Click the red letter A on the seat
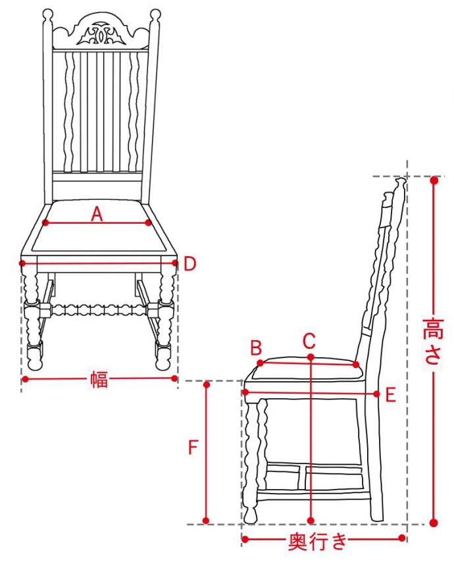pyautogui.click(x=97, y=214)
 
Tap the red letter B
pyautogui.click(x=256, y=348)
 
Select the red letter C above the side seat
pyautogui.click(x=309, y=340)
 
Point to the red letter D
pyautogui.click(x=190, y=264)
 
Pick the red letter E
pyautogui.click(x=390, y=395)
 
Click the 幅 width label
pyautogui.click(x=99, y=379)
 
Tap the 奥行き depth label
pyautogui.click(x=318, y=542)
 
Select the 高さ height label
pyautogui.click(x=433, y=341)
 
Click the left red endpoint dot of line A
pyautogui.click(x=45, y=222)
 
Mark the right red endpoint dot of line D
pyautogui.click(x=175, y=263)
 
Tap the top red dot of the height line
pyautogui.click(x=434, y=180)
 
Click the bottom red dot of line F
pyautogui.click(x=206, y=521)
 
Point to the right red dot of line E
pyautogui.click(x=377, y=394)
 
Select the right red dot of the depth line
pyautogui.click(x=401, y=538)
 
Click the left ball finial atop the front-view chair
pyautogui.click(x=48, y=15)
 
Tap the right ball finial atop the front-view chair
pyautogui.click(x=155, y=14)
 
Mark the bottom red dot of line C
pyautogui.click(x=311, y=521)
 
